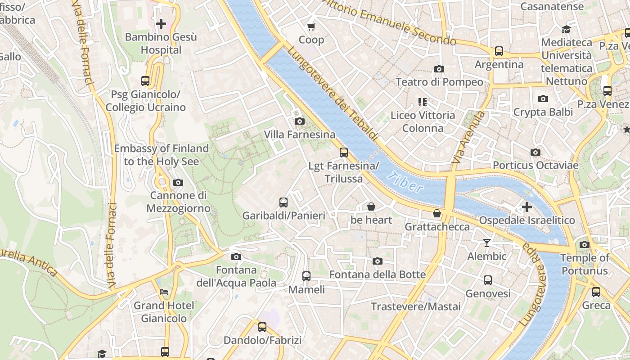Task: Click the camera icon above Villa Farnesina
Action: click(299, 121)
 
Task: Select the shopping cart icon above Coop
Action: click(311, 27)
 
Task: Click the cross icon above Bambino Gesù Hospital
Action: click(161, 23)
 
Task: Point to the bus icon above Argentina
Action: click(499, 51)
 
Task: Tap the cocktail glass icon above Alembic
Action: click(487, 243)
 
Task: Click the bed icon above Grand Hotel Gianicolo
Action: click(164, 292)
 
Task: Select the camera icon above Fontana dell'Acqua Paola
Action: click(236, 256)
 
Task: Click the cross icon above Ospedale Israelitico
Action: click(526, 207)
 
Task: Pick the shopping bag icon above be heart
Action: click(371, 207)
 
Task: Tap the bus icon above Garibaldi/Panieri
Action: click(283, 202)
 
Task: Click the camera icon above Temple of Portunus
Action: click(585, 244)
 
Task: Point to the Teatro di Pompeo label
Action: click(439, 82)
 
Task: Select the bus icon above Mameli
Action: click(306, 276)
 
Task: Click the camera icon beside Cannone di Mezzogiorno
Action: click(178, 182)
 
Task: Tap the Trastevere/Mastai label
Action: click(416, 306)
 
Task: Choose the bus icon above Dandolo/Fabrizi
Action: click(262, 327)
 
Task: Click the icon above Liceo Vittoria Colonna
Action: click(422, 102)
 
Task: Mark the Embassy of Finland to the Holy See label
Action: click(161, 155)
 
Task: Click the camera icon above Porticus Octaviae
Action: click(535, 152)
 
